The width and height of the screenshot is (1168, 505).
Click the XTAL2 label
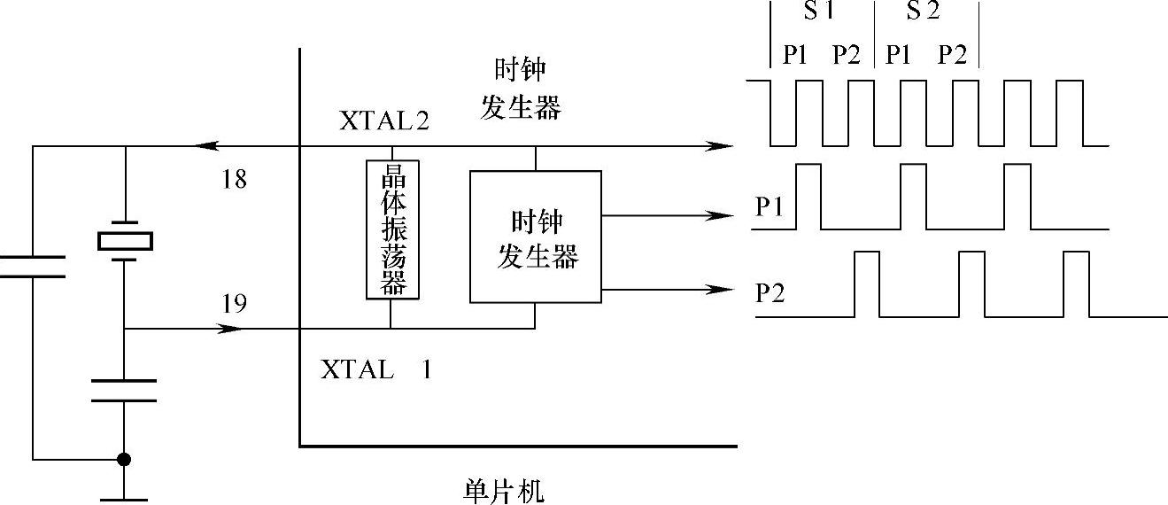coord(384,121)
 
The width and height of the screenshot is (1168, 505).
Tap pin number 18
coord(234,181)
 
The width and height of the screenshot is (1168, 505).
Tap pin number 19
coord(234,305)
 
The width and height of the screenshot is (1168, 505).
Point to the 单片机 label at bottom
coord(504,490)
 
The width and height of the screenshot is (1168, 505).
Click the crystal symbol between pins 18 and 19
coord(125,240)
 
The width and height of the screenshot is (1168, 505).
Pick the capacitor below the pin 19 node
coord(125,390)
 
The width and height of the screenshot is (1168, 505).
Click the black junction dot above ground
coord(125,459)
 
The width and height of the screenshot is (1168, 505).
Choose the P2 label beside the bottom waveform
coord(770,293)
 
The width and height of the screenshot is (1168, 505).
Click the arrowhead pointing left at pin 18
coord(207,145)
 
